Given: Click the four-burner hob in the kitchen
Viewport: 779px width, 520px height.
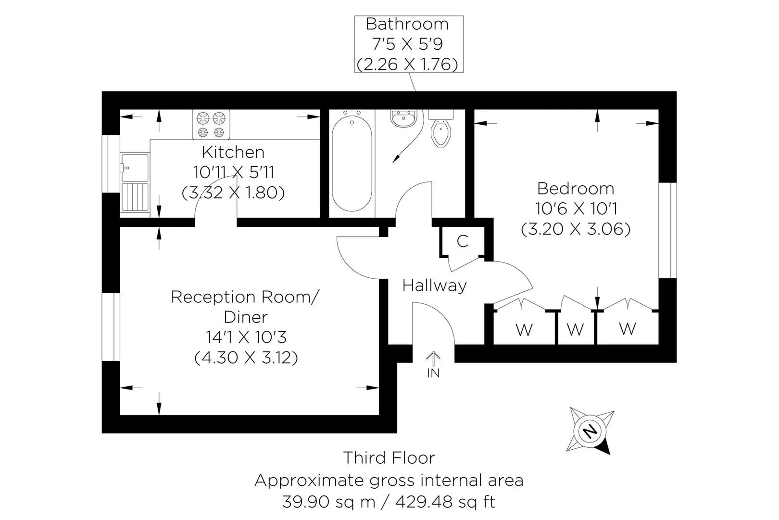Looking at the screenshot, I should click(x=211, y=124).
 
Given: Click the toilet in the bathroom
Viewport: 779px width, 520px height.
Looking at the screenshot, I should click(x=441, y=132).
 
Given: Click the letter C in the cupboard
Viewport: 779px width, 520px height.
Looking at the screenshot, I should click(x=462, y=241).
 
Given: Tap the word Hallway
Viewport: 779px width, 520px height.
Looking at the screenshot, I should click(x=434, y=286).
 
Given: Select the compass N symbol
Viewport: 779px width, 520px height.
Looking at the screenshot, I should click(x=590, y=430).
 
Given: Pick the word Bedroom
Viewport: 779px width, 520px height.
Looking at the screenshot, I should click(x=576, y=188).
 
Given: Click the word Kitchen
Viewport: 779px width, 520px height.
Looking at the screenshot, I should click(x=233, y=152).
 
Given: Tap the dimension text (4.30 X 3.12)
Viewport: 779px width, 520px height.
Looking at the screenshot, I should click(x=246, y=358).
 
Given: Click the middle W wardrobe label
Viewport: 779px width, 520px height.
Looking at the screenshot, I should click(x=575, y=329).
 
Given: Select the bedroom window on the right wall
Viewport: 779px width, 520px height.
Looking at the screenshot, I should click(x=667, y=230).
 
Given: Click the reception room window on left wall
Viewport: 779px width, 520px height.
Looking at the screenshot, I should click(x=111, y=326).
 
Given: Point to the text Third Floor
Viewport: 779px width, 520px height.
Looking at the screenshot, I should click(x=389, y=457).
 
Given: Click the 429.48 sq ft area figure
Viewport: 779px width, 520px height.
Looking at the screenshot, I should click(x=445, y=502).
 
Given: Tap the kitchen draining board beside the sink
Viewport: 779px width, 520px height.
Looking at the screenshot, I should click(x=135, y=197).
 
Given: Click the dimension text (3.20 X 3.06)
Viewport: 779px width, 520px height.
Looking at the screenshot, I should click(x=576, y=229).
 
